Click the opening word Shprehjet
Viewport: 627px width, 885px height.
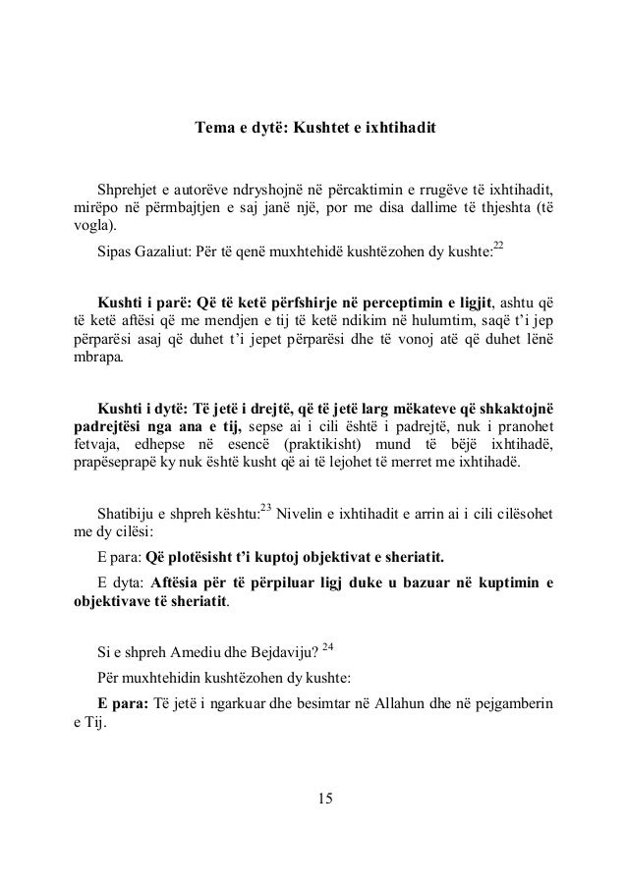pyautogui.click(x=128, y=188)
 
